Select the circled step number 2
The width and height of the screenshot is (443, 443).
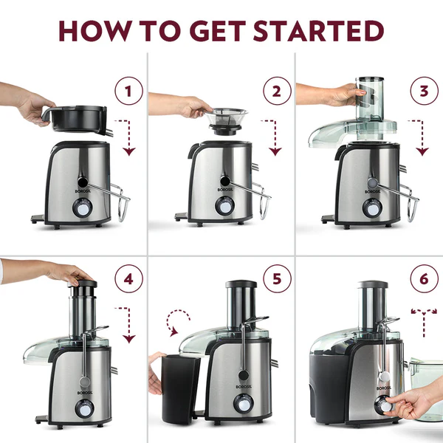277,92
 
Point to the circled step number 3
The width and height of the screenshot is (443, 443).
422,92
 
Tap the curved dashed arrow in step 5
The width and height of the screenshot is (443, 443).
179,323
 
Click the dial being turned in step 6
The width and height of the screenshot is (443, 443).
384,404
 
